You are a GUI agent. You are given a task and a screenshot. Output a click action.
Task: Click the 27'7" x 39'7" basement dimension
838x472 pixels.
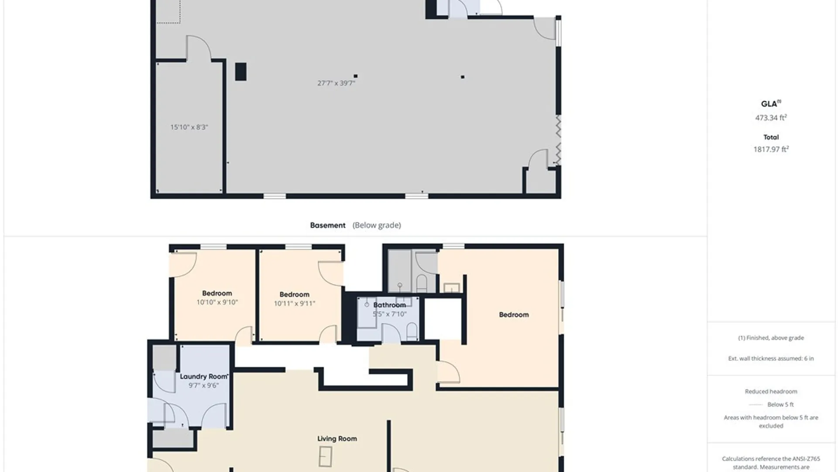click(336, 83)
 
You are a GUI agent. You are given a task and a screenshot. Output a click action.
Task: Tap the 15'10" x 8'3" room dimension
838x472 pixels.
click(189, 127)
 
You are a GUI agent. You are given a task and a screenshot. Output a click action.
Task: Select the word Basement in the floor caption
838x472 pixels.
click(328, 225)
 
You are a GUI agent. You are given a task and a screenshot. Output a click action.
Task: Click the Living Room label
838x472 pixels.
click(337, 438)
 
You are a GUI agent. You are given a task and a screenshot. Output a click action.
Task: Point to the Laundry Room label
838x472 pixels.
click(204, 376)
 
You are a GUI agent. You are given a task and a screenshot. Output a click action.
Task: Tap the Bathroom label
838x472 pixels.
click(389, 305)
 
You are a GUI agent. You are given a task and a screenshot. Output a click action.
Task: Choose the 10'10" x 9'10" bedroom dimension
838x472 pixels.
click(217, 302)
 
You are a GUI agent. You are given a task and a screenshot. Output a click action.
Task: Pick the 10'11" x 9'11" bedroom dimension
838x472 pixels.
click(294, 303)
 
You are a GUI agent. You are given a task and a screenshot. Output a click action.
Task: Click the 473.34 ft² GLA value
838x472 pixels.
click(771, 118)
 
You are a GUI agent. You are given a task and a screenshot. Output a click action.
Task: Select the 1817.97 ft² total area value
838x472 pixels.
click(771, 149)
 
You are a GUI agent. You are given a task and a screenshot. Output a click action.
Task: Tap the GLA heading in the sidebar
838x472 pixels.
click(771, 104)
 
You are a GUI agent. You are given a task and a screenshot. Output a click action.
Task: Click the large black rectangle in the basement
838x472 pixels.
click(240, 72)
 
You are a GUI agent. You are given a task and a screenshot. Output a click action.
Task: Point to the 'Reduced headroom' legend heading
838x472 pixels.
click(771, 391)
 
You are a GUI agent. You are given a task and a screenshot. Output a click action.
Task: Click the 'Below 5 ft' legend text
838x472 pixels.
click(780, 404)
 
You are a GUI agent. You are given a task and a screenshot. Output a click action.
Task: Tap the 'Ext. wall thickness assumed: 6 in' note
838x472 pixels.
click(771, 358)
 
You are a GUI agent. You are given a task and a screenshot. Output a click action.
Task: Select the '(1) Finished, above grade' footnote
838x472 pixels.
click(771, 338)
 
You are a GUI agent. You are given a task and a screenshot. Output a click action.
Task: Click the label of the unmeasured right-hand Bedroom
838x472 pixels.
click(514, 315)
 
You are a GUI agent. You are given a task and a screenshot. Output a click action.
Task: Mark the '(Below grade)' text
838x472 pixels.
click(377, 225)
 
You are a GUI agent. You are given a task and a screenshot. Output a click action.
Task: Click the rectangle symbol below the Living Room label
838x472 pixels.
click(325, 457)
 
